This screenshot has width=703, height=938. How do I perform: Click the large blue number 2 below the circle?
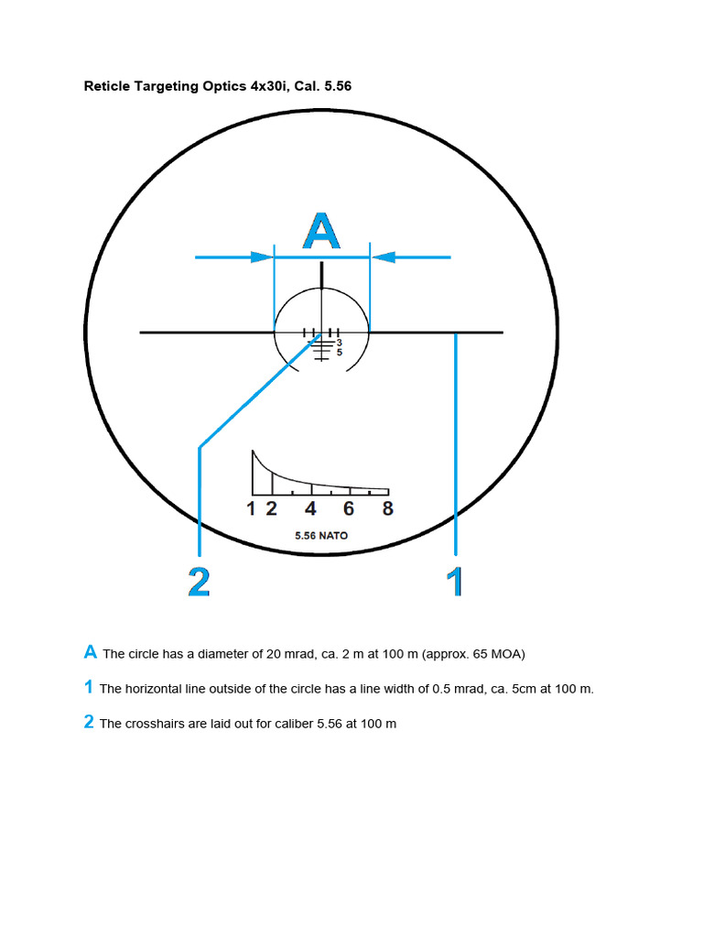pyautogui.click(x=199, y=582)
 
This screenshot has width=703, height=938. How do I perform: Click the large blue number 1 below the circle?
pyautogui.click(x=454, y=582)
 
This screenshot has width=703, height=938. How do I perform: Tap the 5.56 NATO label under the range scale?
pyautogui.click(x=321, y=535)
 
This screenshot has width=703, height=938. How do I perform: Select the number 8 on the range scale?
pyautogui.click(x=388, y=509)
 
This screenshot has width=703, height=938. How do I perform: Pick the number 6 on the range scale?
pyautogui.click(x=349, y=509)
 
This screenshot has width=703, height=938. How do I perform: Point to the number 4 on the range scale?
pyautogui.click(x=311, y=509)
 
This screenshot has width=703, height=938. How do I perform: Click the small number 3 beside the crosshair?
pyautogui.click(x=339, y=343)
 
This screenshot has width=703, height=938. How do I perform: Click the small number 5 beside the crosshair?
pyautogui.click(x=339, y=352)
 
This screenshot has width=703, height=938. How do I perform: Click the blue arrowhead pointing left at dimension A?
pyautogui.click(x=383, y=257)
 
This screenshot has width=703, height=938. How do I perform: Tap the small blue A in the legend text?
pyautogui.click(x=91, y=652)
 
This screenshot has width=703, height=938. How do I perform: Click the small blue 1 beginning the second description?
pyautogui.click(x=89, y=687)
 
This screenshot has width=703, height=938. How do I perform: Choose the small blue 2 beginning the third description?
pyautogui.click(x=89, y=722)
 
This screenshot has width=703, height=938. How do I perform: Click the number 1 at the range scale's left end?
pyautogui.click(x=252, y=509)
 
